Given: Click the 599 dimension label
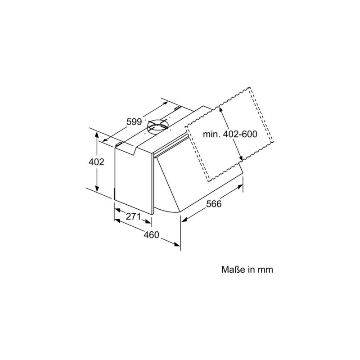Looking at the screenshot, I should [x=134, y=121].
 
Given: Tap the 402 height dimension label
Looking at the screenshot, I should [x=96, y=162].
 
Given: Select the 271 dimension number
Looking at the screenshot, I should [x=133, y=216].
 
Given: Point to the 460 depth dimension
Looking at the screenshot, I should [x=152, y=234].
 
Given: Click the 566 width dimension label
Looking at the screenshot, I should [x=214, y=204].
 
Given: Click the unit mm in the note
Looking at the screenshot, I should [x=265, y=270].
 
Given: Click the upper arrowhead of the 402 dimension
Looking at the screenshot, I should [x=97, y=134].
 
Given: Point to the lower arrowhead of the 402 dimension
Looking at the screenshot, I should [x=97, y=189].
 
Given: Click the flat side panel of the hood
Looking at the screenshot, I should [x=134, y=180].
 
